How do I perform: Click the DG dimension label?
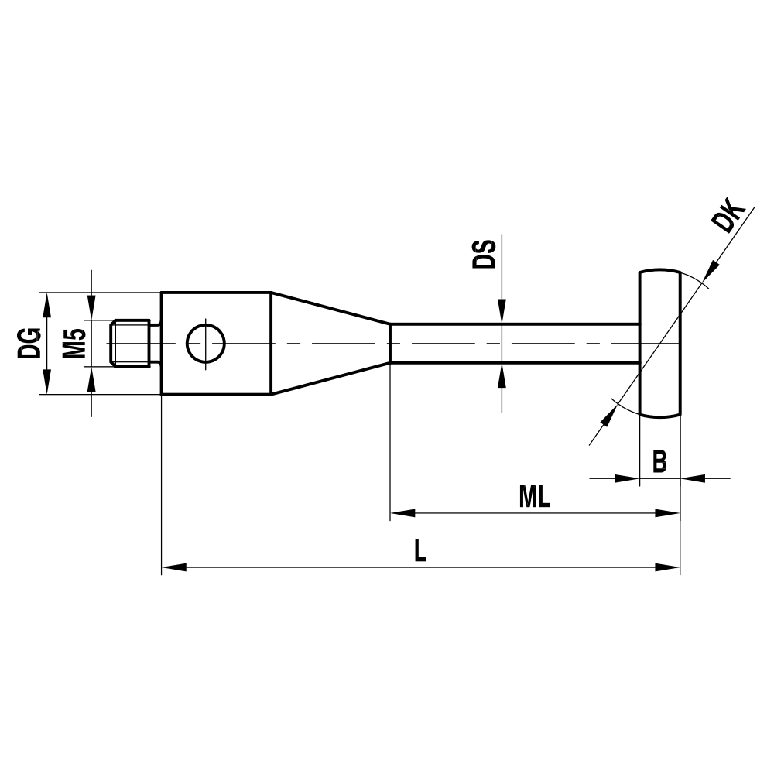point(29,343)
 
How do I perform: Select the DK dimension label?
point(728,218)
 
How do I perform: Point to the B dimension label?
point(659,462)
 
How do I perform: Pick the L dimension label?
point(420,551)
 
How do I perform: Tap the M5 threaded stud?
point(130,343)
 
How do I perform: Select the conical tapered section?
point(329,343)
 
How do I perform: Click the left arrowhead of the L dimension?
point(173,567)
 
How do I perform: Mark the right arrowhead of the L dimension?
point(668,567)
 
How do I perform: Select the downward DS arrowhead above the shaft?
point(502,313)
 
